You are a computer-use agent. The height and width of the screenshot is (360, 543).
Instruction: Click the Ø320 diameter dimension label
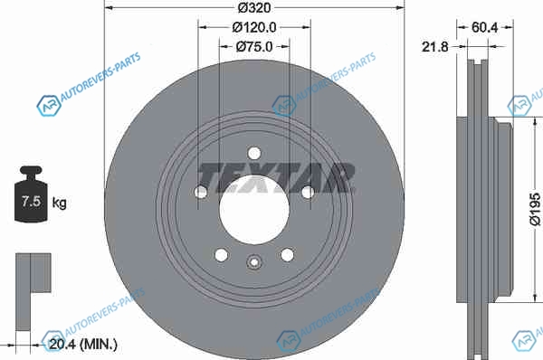pos(254,7)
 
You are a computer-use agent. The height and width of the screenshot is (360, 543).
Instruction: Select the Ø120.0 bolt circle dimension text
pos(254,27)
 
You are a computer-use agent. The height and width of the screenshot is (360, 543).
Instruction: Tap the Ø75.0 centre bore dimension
pos(254,47)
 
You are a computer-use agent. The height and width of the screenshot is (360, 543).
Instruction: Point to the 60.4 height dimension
pos(484,27)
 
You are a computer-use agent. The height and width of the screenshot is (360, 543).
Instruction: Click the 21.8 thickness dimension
pos(435,47)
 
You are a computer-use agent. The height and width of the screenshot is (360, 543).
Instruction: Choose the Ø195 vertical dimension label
pos(535,210)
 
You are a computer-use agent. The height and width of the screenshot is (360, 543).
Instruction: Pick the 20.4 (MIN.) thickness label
pos(83,344)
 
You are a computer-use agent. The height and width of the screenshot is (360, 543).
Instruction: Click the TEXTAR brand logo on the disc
pos(276,177)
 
